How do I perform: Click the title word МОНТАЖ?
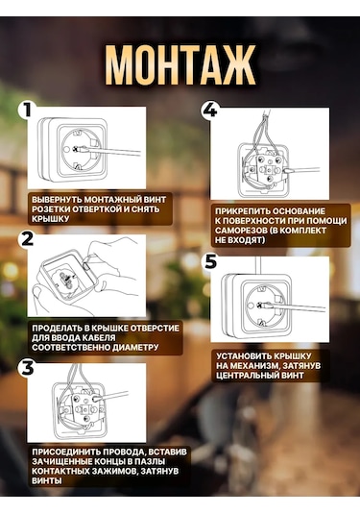(x=180, y=65)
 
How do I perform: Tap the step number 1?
(x=26, y=110)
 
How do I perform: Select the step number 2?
(x=27, y=238)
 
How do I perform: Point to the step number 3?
(x=28, y=367)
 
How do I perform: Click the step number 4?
(x=210, y=110)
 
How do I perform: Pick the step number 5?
(x=210, y=261)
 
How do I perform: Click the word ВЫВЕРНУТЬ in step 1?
(x=57, y=199)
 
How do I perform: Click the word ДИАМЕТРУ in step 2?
(x=135, y=347)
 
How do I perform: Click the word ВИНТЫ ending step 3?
(x=47, y=481)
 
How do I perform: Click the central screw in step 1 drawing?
(x=78, y=149)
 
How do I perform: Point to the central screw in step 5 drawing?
(x=261, y=306)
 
